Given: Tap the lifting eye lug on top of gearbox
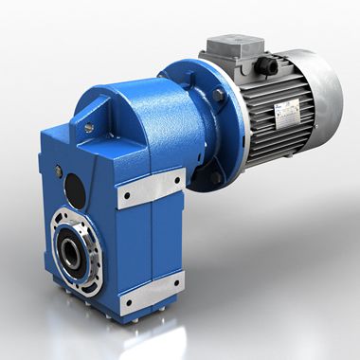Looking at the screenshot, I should point(91,117).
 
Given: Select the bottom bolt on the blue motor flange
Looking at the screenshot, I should point(216,176).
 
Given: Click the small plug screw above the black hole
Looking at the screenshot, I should point(60,171).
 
